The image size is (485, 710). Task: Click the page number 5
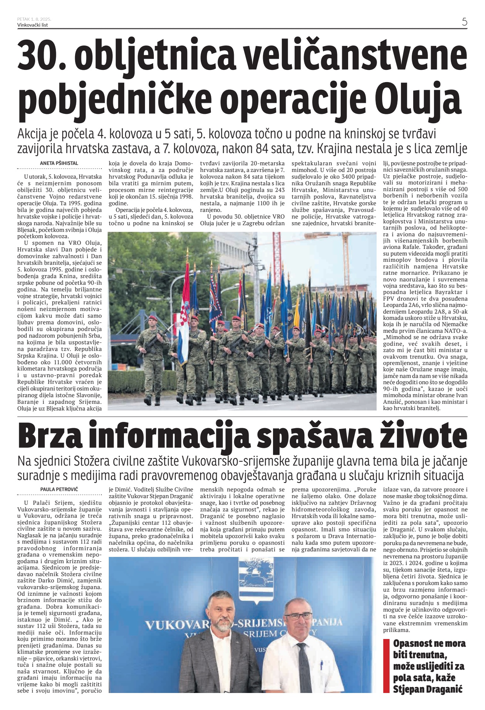pyautogui.click(x=464, y=21)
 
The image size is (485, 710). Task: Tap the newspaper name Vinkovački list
pyautogui.click(x=33, y=25)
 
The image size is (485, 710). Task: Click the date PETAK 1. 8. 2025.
pyautogui.click(x=34, y=19)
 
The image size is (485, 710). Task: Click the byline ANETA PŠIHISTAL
pyautogui.click(x=59, y=163)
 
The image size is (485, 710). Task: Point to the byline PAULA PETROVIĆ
pyautogui.click(x=59, y=489)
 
